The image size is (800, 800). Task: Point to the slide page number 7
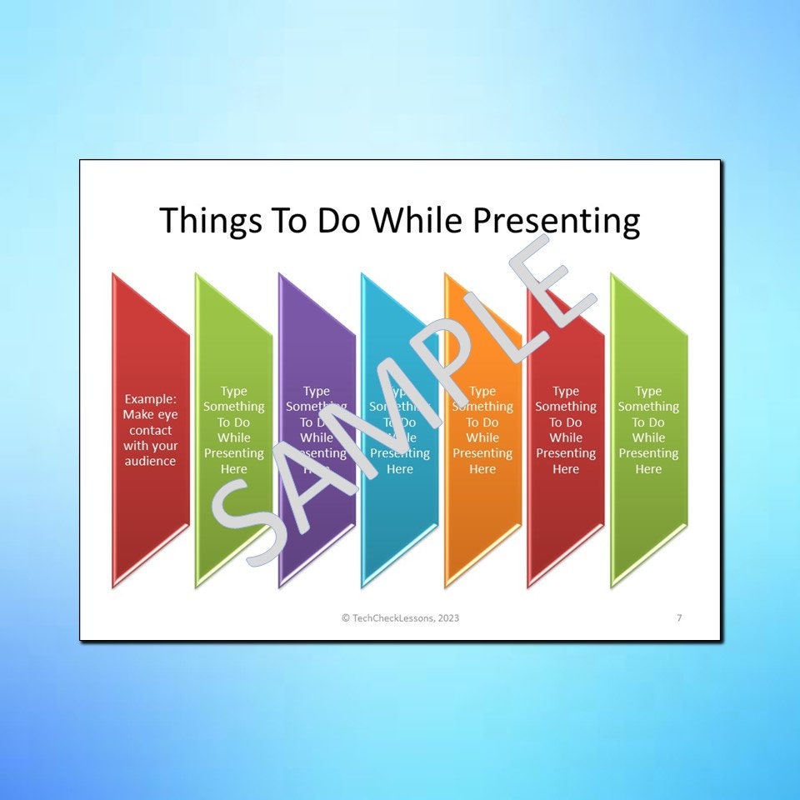pos(679,617)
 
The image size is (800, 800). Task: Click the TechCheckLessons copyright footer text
pos(400,617)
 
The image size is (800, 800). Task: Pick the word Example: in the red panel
pos(150,399)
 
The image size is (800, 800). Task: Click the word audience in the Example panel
pos(150,461)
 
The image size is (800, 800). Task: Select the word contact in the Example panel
pos(150,430)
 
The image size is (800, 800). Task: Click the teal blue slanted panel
pos(400,525)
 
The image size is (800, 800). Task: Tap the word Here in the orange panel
pos(482,469)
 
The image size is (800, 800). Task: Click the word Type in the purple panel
pos(317,391)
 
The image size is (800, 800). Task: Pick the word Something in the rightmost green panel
pos(649,407)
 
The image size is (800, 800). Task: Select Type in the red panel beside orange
pos(566,391)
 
